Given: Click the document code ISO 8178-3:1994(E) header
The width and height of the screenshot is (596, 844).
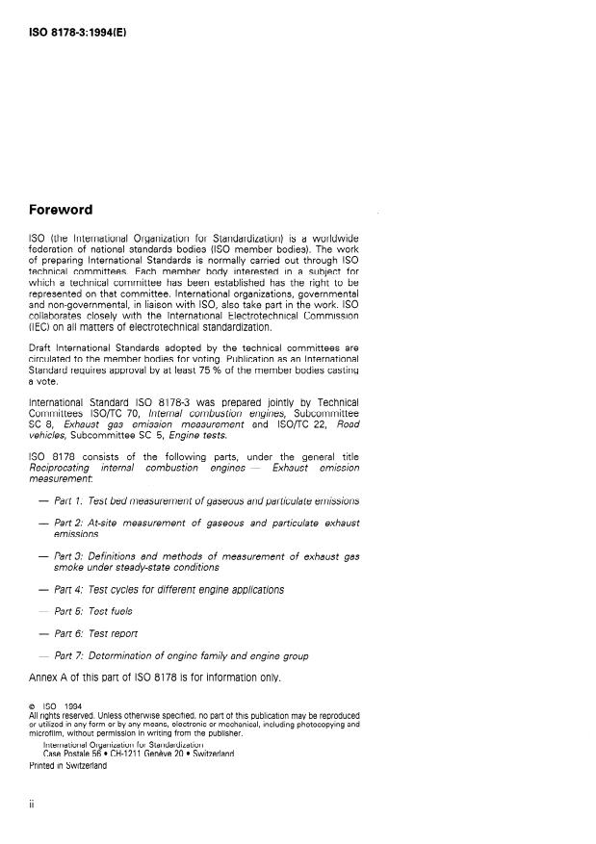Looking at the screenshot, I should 77,33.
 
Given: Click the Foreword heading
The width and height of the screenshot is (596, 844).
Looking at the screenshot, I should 61,210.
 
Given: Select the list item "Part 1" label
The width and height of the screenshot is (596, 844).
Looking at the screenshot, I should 68,500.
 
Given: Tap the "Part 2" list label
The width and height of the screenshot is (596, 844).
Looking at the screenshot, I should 68,523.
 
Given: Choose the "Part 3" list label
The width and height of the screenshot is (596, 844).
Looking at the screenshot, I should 68,556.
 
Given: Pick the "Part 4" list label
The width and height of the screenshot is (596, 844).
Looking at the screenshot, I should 68,589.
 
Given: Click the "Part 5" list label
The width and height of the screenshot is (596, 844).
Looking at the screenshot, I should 68,611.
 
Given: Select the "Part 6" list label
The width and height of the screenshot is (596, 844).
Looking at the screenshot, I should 68,633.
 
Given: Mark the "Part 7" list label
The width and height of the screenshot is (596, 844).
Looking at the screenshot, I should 68,655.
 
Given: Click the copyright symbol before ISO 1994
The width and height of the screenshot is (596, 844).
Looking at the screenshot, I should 34,706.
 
